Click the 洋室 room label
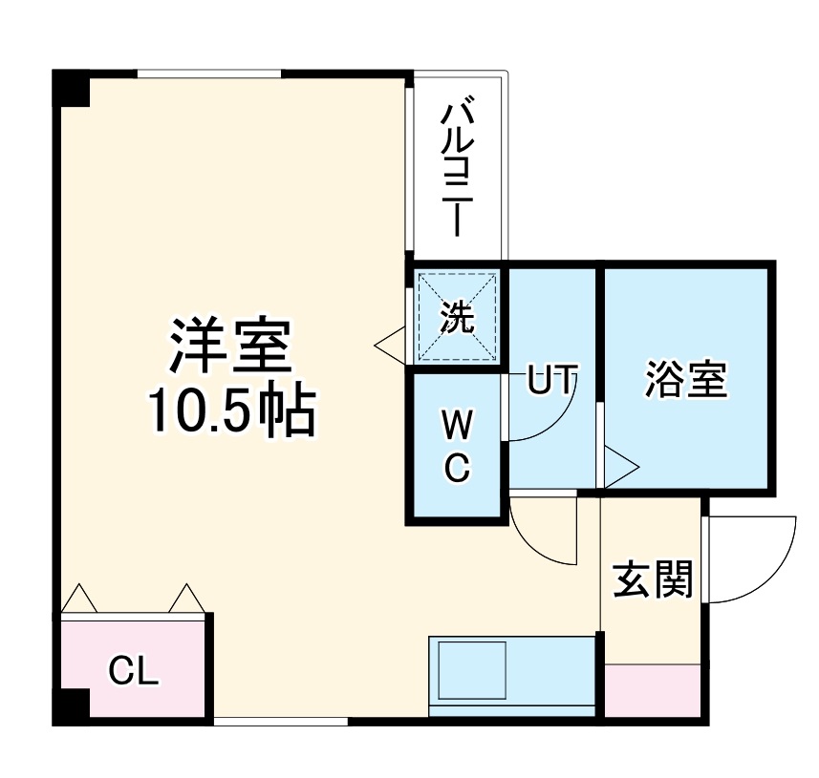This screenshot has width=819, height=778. pos(230,347)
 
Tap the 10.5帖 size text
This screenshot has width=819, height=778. pos(230,411)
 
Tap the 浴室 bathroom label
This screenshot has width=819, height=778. pos(686,380)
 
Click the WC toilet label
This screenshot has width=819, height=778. pos(457,447)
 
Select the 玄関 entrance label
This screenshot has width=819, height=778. pos(653,578)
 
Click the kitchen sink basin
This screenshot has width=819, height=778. pos(471,671)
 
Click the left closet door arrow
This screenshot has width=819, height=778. pos(79,599)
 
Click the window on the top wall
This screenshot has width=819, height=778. pos(209,74)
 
